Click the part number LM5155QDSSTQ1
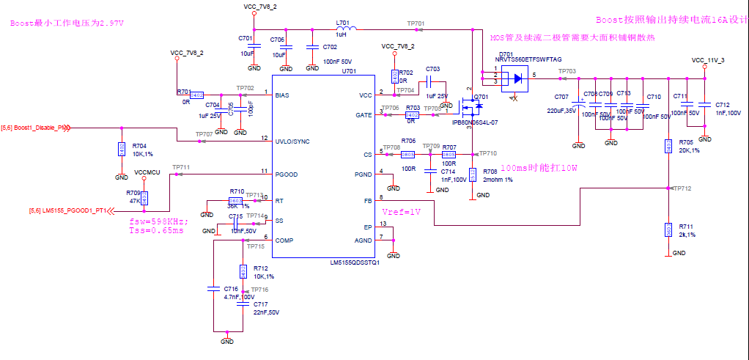click(x=355, y=262)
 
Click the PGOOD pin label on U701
click(x=287, y=175)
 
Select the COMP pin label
click(x=285, y=240)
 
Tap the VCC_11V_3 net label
click(x=708, y=60)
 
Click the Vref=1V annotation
click(x=402, y=211)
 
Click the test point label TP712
click(x=682, y=188)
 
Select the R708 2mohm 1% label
click(x=498, y=175)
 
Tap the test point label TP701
click(x=416, y=23)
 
